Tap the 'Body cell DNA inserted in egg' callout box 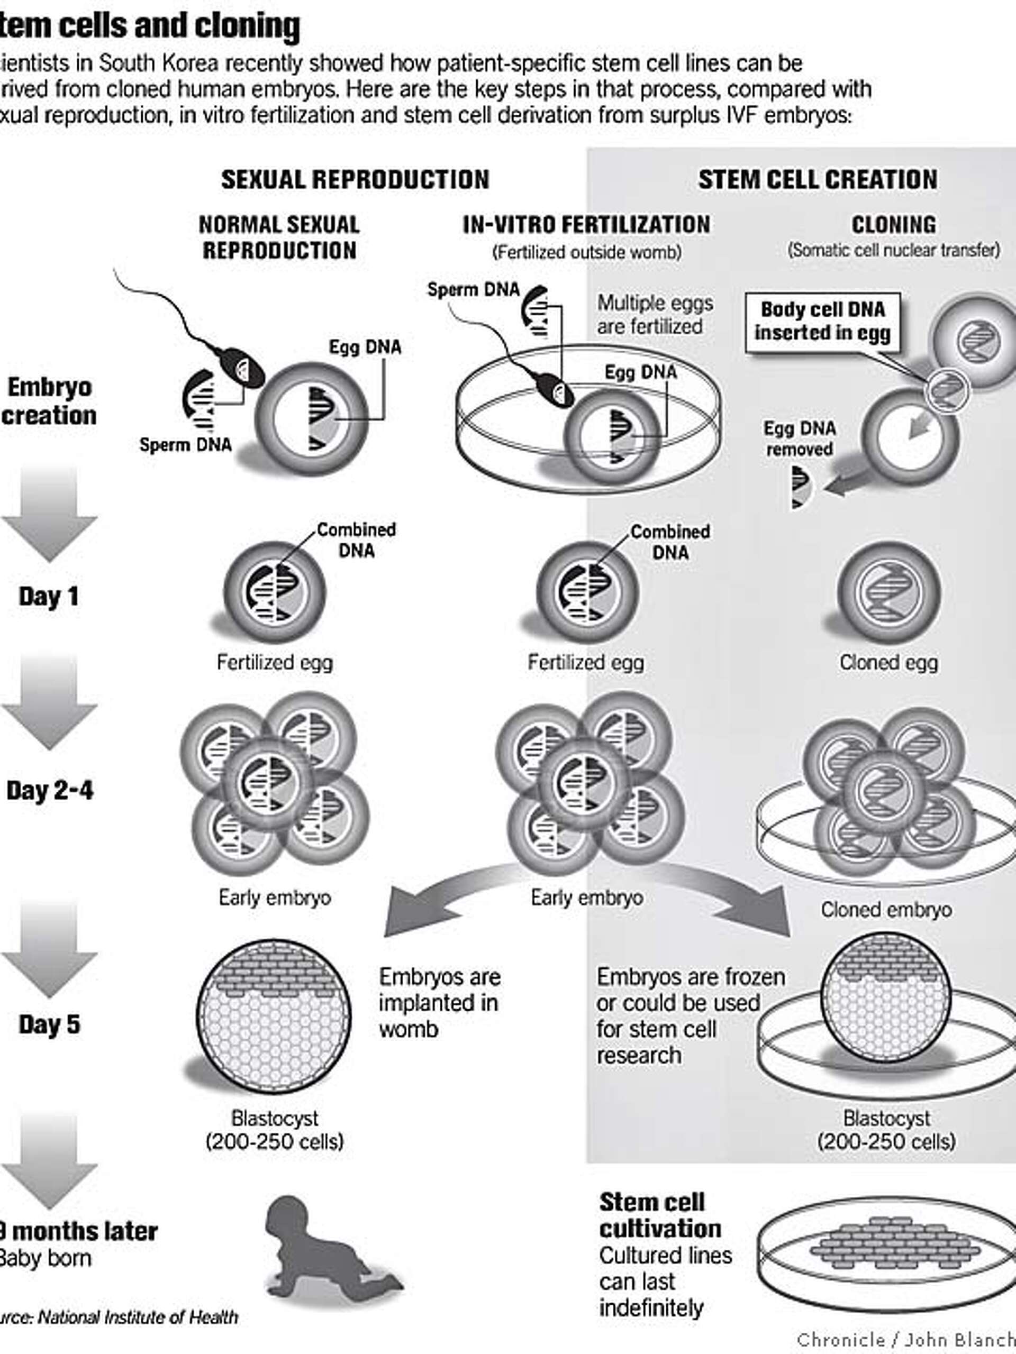pos(822,322)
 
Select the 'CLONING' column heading pos(894,225)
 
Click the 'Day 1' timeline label pos(49,596)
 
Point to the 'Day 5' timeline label pos(49,1024)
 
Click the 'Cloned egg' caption pos(888,662)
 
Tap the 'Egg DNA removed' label pos(799,438)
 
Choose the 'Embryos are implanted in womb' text pos(439,1002)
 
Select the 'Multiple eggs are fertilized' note pos(655,315)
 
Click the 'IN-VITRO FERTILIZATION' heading pos(586,225)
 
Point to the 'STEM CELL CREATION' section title pos(818,179)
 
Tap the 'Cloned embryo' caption pos(886,910)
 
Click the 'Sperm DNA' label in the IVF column pos(473,289)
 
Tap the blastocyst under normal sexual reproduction pos(274,1018)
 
